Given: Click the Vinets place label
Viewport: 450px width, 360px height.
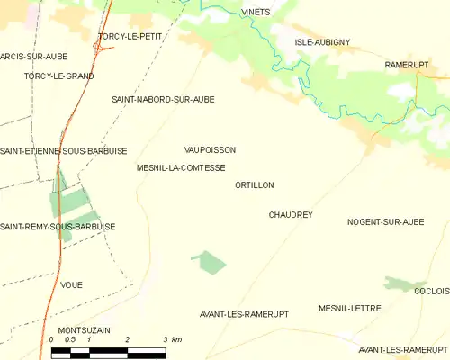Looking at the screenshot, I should (256, 12).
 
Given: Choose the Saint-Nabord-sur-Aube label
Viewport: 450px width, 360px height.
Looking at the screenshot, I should (163, 99).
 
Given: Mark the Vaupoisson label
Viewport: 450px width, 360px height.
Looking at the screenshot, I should (209, 150).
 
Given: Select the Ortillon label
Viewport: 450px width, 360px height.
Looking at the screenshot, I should (253, 184).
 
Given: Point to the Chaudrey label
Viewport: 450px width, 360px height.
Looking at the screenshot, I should (290, 215).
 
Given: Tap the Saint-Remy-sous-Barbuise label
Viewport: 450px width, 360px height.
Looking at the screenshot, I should (58, 226).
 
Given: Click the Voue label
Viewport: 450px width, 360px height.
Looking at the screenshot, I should (71, 284).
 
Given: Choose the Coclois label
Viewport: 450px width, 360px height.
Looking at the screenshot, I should (431, 291).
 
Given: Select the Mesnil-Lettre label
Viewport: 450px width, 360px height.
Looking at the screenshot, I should (349, 308).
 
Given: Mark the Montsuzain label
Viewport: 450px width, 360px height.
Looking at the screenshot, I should (84, 330).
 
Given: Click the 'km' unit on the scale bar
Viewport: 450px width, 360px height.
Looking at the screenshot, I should (176, 339).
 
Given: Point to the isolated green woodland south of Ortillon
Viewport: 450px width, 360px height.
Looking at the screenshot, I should (210, 262).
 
